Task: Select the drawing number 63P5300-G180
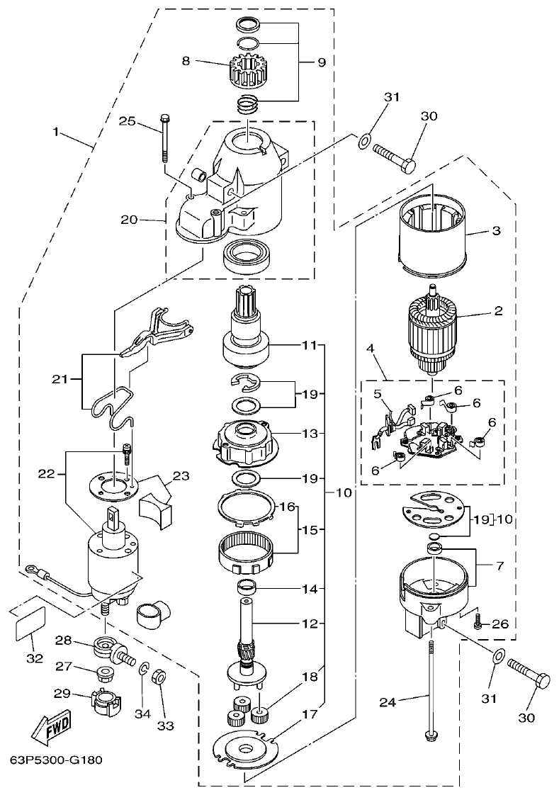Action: click(x=56, y=760)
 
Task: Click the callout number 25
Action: click(x=127, y=123)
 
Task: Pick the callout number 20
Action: click(x=130, y=220)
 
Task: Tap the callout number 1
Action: click(x=56, y=132)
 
